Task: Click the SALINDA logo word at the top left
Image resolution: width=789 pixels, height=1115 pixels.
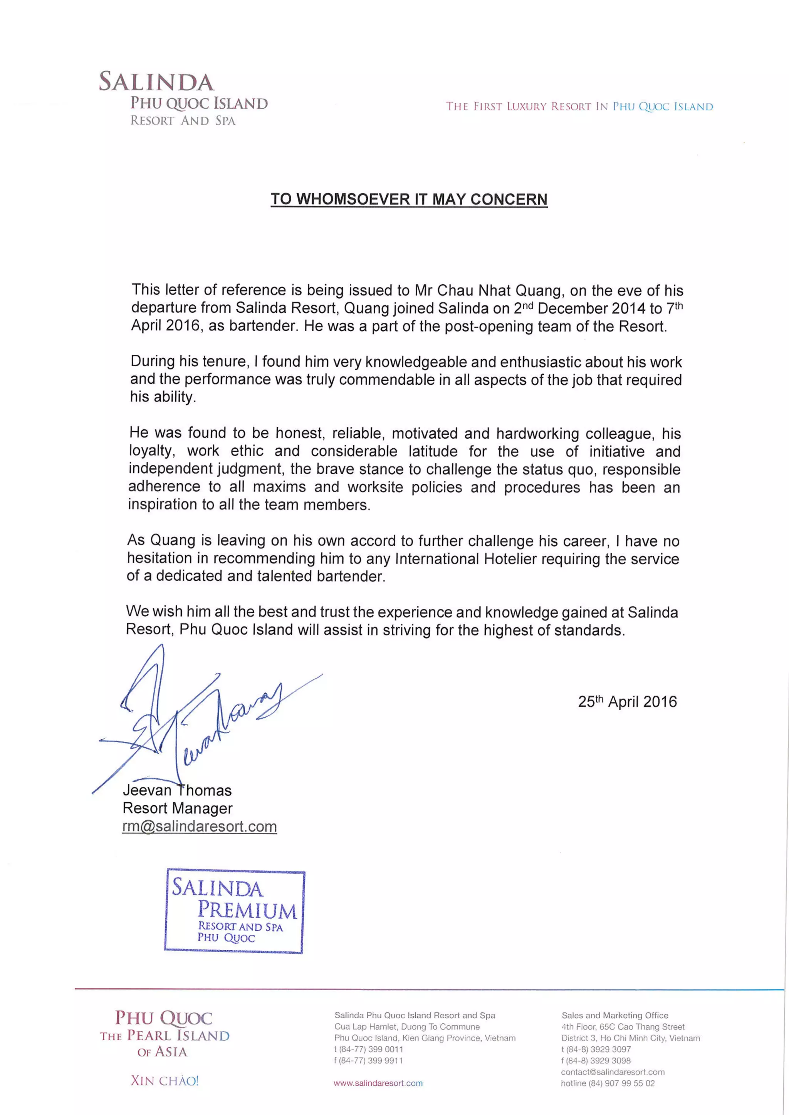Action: [x=156, y=82]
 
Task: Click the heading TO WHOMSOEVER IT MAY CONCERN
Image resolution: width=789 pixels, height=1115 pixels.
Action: [x=409, y=199]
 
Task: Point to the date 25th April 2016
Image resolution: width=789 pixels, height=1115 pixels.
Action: [x=627, y=702]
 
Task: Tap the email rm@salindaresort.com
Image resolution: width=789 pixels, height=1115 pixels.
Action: [x=199, y=826]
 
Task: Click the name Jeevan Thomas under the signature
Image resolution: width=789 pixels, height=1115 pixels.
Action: [x=177, y=790]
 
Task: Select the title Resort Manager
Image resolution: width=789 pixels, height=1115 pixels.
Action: [x=177, y=808]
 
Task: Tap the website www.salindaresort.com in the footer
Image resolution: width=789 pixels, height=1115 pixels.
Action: [x=378, y=1083]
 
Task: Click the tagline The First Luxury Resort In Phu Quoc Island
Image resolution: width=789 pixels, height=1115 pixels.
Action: [x=579, y=106]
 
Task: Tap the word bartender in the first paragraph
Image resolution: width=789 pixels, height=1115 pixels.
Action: [x=262, y=326]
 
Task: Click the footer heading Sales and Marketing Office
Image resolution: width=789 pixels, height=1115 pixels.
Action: [x=614, y=1016]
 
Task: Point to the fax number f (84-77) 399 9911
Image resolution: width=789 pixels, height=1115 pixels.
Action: [x=368, y=1061]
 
